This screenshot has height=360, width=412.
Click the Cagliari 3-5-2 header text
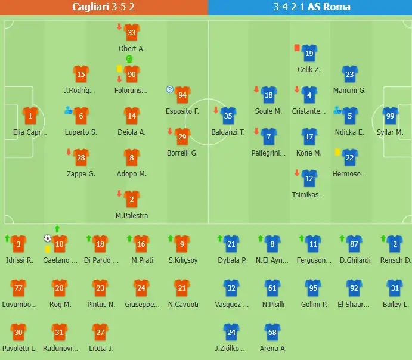104,7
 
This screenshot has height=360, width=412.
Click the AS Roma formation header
312,7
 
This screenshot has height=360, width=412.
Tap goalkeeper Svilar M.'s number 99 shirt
391,117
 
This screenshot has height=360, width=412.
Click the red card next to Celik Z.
296,47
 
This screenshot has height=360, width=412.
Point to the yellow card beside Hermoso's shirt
337,152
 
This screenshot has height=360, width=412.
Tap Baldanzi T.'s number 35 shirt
228,117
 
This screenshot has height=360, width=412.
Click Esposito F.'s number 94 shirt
182,95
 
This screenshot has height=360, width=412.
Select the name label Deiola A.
132,132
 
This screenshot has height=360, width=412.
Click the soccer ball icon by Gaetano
48,238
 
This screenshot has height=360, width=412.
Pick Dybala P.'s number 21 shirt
231,243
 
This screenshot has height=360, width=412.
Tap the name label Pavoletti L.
18,349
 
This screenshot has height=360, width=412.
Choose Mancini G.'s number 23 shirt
349,75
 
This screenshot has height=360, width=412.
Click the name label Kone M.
309,153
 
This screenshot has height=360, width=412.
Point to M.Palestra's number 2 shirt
132,200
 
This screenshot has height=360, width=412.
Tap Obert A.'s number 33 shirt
132,33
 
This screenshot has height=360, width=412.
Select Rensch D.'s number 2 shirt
395,243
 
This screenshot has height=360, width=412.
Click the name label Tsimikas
309,195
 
